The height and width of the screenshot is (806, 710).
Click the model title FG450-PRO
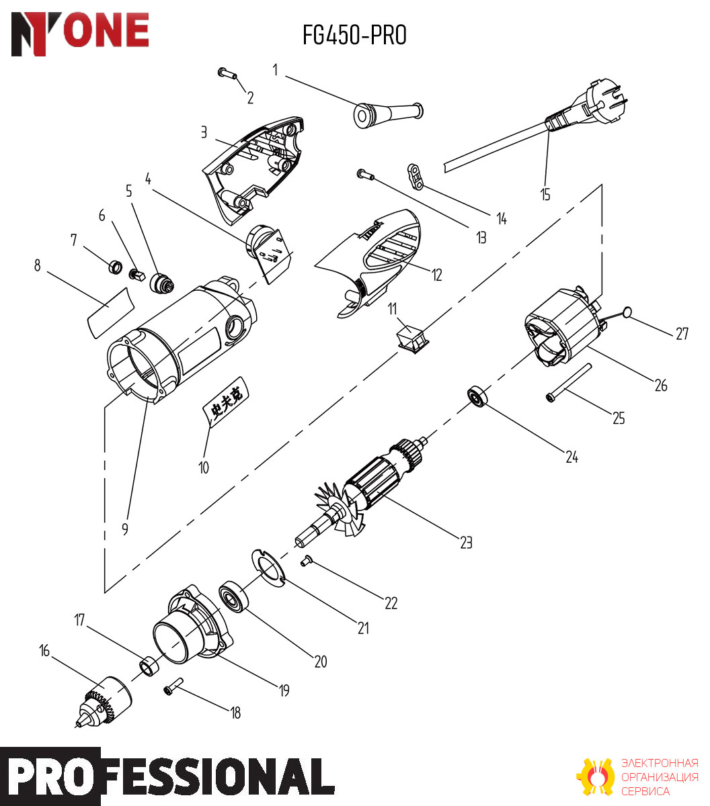point(354,35)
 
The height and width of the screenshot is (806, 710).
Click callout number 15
point(545,195)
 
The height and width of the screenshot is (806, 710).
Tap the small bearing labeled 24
point(477,396)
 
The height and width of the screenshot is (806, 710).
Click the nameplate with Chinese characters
point(226,402)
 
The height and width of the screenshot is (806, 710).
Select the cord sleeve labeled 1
point(388,115)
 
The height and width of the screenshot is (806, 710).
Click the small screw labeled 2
point(227,73)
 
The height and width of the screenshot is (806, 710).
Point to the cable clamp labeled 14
point(415,176)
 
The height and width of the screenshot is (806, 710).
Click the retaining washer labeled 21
point(269,568)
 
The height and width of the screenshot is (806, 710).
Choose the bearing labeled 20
point(234,596)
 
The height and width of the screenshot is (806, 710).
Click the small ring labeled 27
point(627,312)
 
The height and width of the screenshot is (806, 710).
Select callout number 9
point(125,529)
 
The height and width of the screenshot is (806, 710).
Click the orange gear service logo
point(596,777)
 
